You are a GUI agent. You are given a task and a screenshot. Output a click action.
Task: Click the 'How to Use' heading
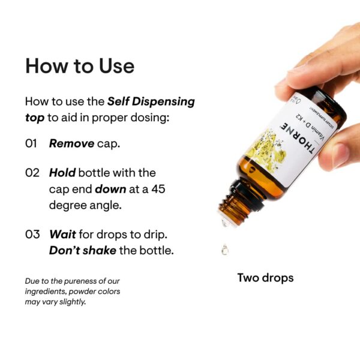click(x=80, y=65)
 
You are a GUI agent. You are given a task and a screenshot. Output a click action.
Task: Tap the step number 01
click(x=32, y=143)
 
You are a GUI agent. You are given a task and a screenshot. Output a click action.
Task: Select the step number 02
click(x=32, y=173)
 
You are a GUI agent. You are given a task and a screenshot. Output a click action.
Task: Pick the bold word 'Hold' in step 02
click(x=62, y=173)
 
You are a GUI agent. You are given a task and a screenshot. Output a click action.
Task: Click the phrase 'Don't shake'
click(x=82, y=250)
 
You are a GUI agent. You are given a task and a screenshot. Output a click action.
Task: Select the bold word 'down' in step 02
click(x=109, y=188)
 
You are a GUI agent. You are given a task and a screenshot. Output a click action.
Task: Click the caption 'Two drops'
click(x=265, y=278)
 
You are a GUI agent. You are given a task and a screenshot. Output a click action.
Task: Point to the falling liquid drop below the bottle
click(x=224, y=248)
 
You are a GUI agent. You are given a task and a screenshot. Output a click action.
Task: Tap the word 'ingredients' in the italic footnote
click(x=49, y=292)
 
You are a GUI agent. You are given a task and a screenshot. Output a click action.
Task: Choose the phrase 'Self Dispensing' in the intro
click(x=151, y=101)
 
